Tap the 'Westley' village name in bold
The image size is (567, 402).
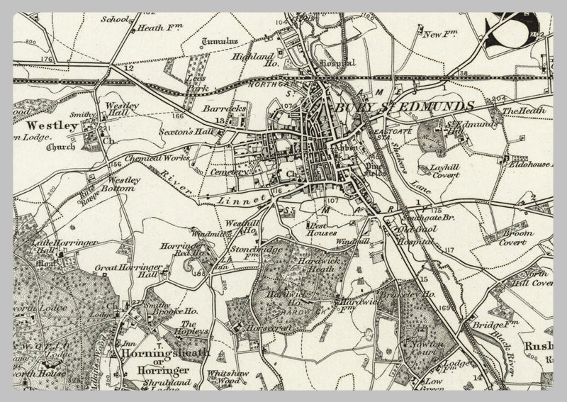point(51,125)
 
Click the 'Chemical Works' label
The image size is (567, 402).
point(157,158)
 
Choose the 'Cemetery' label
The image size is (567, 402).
point(230,172)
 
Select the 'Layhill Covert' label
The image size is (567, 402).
point(456,172)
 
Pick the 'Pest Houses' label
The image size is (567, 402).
point(321,229)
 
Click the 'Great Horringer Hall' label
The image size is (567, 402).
point(128,272)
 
